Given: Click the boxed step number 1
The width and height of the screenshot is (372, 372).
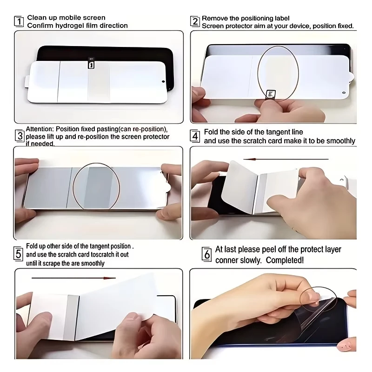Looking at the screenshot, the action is tap(19, 21).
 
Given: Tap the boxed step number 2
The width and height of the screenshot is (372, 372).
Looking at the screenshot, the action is tap(195, 21).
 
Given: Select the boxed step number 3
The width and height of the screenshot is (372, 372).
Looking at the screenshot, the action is tap(20, 136).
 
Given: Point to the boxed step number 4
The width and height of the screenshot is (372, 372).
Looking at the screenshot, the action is tap(195, 136).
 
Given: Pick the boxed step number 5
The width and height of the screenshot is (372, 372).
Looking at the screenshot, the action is tap(19, 254).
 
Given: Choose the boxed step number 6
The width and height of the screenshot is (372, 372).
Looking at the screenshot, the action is tap(206, 254).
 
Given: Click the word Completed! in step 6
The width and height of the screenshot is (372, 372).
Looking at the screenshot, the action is tap(285, 260).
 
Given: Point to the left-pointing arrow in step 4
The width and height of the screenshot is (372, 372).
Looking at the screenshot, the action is tap(286, 159).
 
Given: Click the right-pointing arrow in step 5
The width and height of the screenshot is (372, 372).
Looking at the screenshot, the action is tap(74, 278).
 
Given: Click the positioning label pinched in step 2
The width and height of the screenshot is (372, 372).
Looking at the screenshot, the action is tap(271, 94).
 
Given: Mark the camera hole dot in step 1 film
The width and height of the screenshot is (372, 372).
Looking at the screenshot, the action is tap(163, 82).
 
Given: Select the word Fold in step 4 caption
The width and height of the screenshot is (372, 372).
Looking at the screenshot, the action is tap(211, 132).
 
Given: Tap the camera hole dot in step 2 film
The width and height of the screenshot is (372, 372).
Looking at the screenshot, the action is tap(344, 93).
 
